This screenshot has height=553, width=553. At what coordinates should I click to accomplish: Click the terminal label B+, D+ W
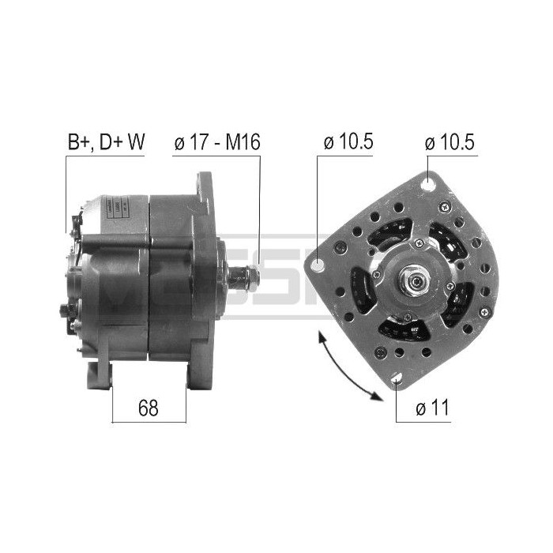click(x=106, y=143)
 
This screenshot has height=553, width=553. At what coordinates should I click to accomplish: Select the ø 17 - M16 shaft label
click(x=216, y=143)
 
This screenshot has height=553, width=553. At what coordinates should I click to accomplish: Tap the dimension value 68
click(x=149, y=408)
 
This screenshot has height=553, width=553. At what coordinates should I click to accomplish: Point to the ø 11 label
click(x=431, y=408)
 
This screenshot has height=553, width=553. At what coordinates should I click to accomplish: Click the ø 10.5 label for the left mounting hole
click(x=348, y=143)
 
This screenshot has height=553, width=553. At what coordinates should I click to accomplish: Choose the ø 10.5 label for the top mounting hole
click(x=450, y=143)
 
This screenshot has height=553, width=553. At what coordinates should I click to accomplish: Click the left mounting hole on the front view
click(x=320, y=263)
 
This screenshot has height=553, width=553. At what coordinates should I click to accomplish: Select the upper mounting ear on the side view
click(x=205, y=190)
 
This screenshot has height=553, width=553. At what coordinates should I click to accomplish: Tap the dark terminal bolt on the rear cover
click(x=64, y=308)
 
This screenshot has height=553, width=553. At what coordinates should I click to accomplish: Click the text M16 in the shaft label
click(x=243, y=143)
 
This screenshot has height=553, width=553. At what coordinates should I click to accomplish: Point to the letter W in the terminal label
click(x=137, y=143)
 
